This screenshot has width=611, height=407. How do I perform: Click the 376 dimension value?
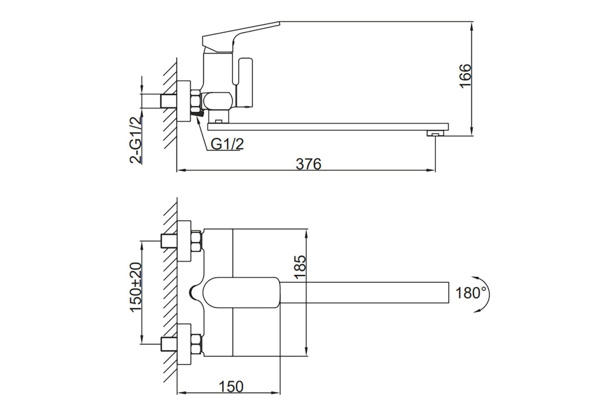point(309,164)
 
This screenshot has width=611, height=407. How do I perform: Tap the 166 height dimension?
point(465,76)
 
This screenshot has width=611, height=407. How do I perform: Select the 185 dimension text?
point(300,267)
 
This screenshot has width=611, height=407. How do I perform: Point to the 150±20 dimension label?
point(135,286)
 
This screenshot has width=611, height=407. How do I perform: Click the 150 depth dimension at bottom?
point(231,386)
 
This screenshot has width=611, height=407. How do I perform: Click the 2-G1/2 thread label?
point(136,140)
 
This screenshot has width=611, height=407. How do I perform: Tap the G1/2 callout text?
point(227,144)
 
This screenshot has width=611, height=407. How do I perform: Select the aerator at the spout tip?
point(435,133)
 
